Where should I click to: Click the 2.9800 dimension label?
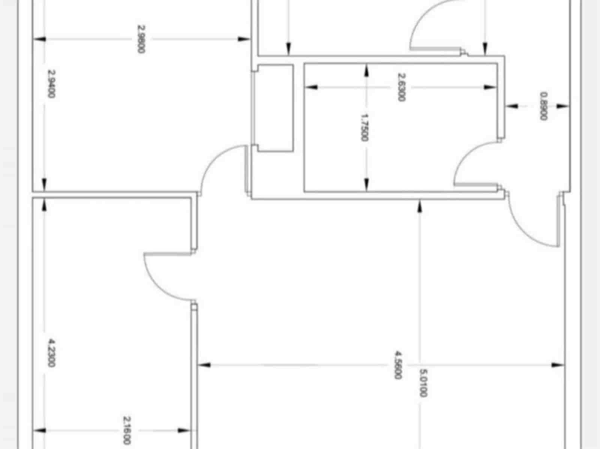tap(141, 39)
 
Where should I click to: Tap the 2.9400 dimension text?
tap(51, 84)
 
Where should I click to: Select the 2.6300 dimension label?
tap(401, 87)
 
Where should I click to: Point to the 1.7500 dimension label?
tap(364, 127)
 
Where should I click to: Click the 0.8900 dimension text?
tap(544, 106)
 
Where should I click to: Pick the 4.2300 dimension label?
tap(51, 353)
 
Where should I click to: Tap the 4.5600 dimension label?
tap(398, 365)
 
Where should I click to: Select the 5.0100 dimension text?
tap(423, 383)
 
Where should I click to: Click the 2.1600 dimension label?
tap(126, 430)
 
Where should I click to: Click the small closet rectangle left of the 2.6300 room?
tap(275, 108)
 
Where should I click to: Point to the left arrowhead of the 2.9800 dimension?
tap(39, 39)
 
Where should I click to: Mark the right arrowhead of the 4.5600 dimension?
tap(558, 365)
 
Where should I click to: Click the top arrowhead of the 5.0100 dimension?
tap(420, 206)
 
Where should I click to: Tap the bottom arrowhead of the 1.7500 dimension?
tap(366, 185)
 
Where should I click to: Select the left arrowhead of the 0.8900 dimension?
tap(512, 106)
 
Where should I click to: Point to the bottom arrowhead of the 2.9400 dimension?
tap(44, 185)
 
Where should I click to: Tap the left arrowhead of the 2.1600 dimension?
tap(40, 431)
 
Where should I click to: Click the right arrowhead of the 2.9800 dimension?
tap(244, 39)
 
